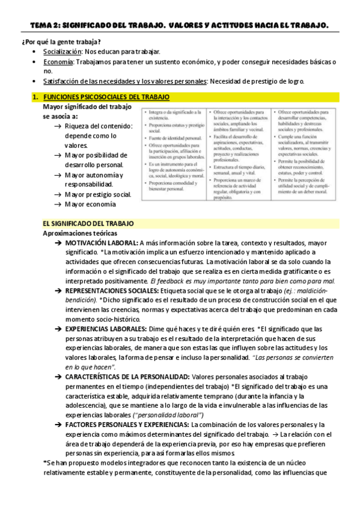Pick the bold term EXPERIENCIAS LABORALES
106,328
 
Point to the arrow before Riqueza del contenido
56,126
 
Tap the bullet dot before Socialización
35,52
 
